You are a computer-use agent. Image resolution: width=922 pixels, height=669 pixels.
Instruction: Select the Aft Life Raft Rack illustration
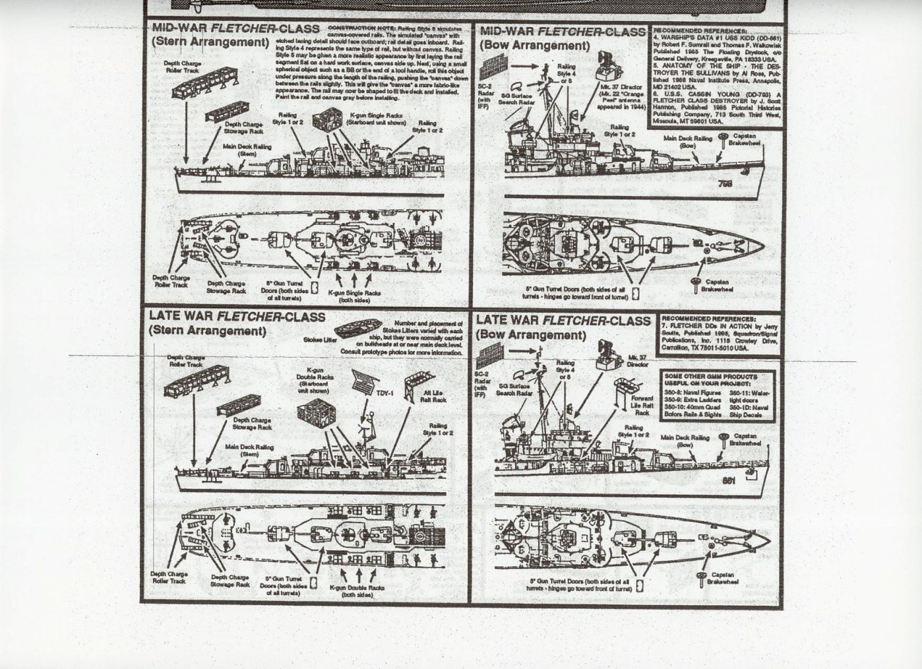point(414,380)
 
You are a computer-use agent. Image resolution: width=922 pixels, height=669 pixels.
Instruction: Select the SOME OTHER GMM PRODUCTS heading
point(718,380)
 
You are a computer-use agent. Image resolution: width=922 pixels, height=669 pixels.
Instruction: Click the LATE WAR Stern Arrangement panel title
point(237,323)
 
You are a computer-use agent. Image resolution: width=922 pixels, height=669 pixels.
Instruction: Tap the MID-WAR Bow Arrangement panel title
point(563,38)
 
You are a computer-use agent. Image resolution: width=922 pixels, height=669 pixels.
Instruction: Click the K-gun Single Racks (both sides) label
point(354,296)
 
